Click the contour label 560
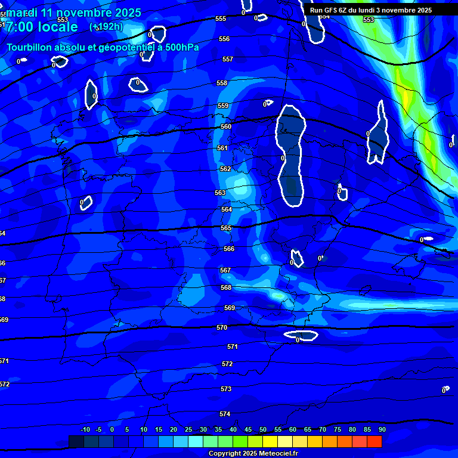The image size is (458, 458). [x=226, y=126]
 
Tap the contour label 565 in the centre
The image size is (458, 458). [x=226, y=228]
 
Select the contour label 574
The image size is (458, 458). [x=225, y=414]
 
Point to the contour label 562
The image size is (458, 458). [x=225, y=169]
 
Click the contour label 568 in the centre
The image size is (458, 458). [x=226, y=287]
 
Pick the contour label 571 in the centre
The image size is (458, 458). [x=233, y=346]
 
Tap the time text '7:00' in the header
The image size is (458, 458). [x=20, y=27]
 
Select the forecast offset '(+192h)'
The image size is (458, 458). [x=106, y=27]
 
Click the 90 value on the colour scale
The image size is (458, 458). [x=382, y=429]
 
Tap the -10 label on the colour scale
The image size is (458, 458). [x=85, y=429]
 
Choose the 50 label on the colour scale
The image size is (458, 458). [x=263, y=429]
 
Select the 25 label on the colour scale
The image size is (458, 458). [x=188, y=429]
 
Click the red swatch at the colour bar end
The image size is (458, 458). [x=374, y=441]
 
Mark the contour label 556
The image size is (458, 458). [x=224, y=39]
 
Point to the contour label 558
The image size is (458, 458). [x=222, y=83]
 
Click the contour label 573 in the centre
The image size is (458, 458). [x=226, y=389]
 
